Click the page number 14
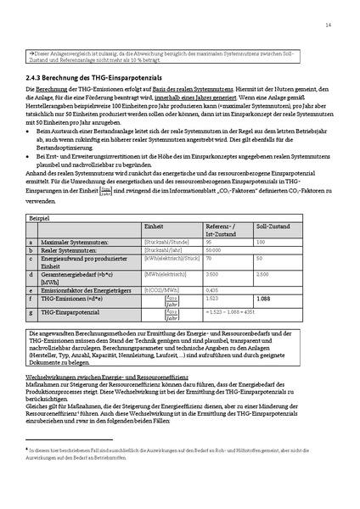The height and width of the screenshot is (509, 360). pos(328,25)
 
